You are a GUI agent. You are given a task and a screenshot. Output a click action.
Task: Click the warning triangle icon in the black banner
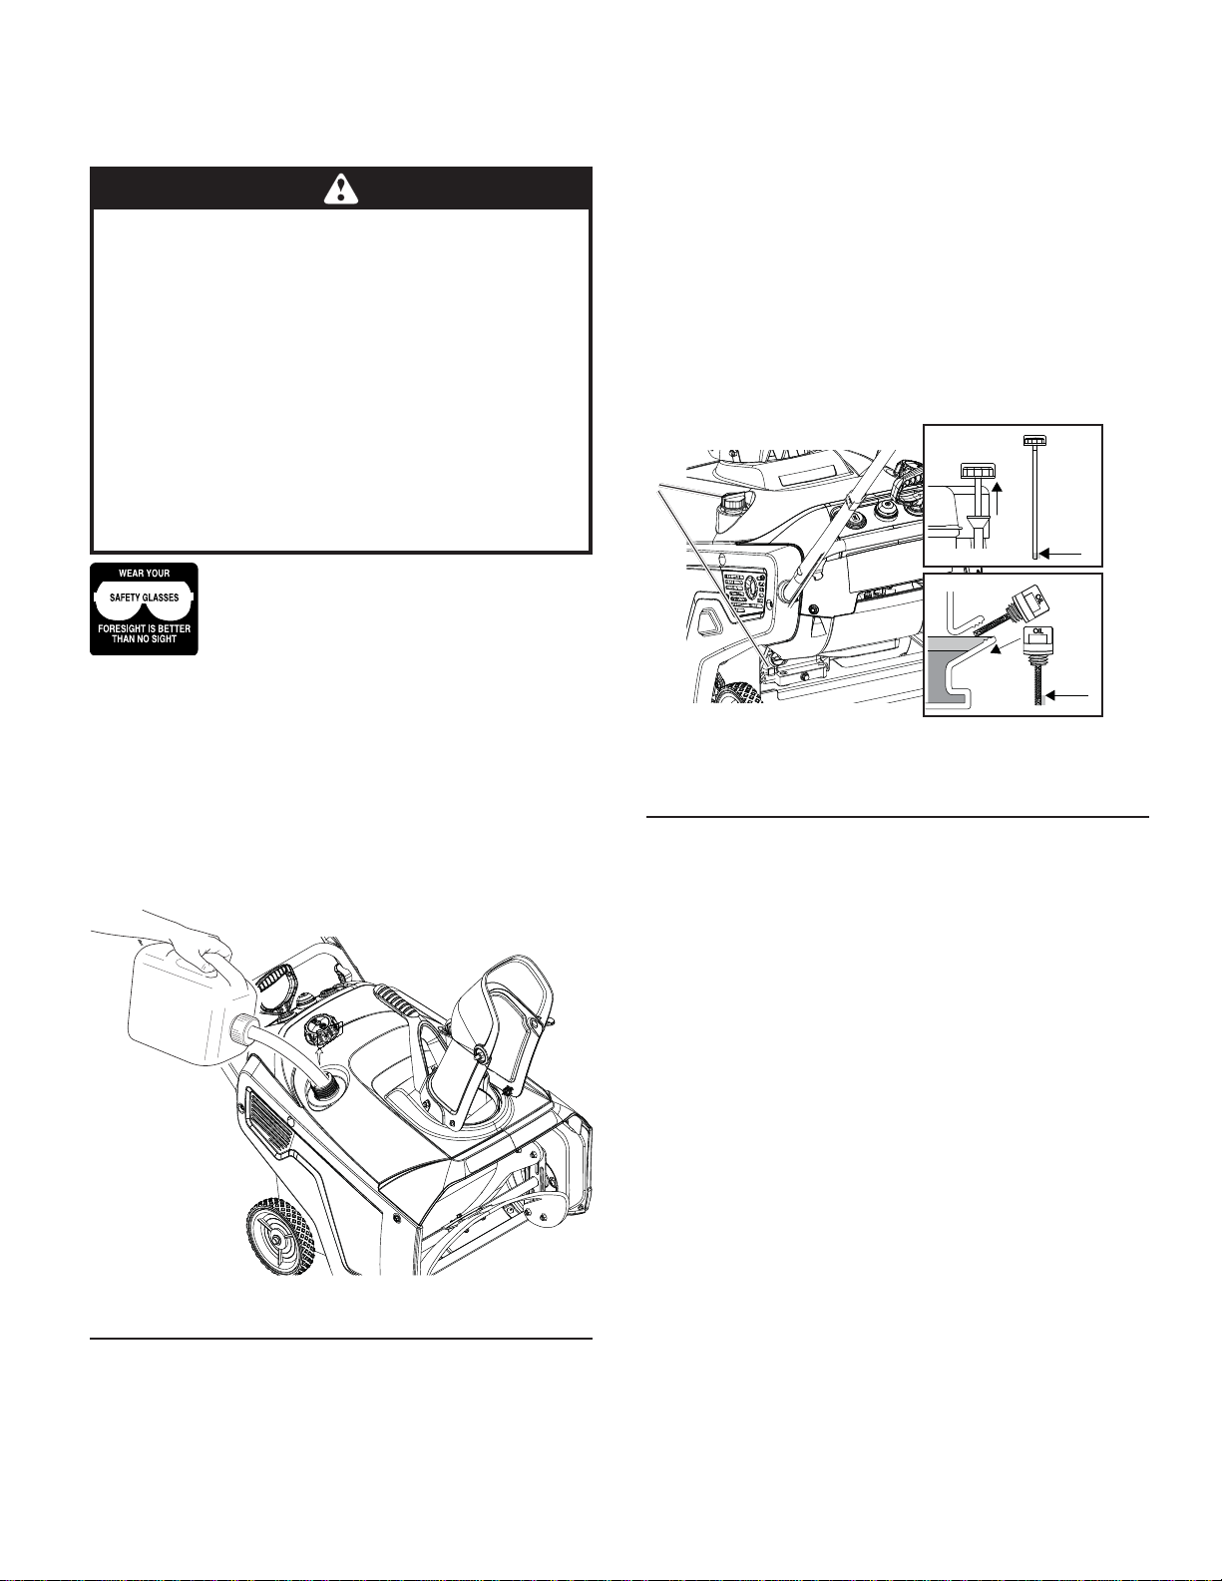[340, 188]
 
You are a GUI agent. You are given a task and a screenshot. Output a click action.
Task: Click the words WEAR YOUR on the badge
[144, 574]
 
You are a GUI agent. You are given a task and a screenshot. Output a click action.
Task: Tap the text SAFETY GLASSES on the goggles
[144, 597]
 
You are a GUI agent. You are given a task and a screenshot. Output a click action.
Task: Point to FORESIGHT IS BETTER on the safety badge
[144, 628]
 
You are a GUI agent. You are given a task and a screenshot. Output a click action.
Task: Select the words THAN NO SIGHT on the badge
[144, 638]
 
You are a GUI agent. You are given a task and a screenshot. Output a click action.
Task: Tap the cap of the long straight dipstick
[1033, 440]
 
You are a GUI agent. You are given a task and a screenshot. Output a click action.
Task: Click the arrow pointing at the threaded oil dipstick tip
[1067, 696]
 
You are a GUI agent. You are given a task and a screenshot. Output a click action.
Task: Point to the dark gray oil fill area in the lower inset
[950, 665]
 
